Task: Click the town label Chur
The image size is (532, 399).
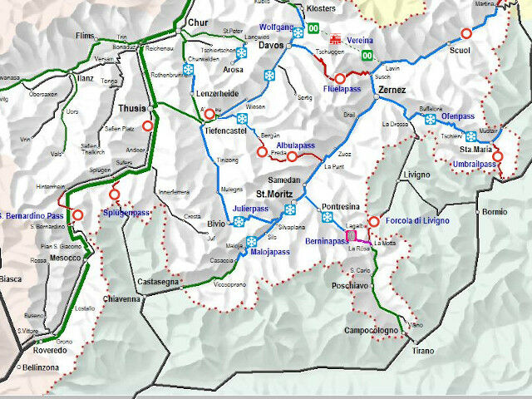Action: point(198,22)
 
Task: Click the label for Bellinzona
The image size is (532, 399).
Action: point(40,367)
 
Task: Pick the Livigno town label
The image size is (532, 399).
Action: point(415,175)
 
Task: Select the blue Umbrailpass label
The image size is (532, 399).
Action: point(474,164)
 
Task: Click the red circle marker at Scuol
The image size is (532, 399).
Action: point(465,34)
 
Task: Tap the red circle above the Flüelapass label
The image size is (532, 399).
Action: point(339,78)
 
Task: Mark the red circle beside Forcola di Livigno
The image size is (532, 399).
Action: point(374,221)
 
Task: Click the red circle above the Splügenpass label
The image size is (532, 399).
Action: point(115,195)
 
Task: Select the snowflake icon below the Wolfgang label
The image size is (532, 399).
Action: point(298,33)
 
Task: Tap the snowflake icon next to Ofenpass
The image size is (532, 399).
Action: point(431,120)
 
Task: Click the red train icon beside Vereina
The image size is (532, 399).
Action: point(336,39)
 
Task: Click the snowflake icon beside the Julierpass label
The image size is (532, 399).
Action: point(239,221)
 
